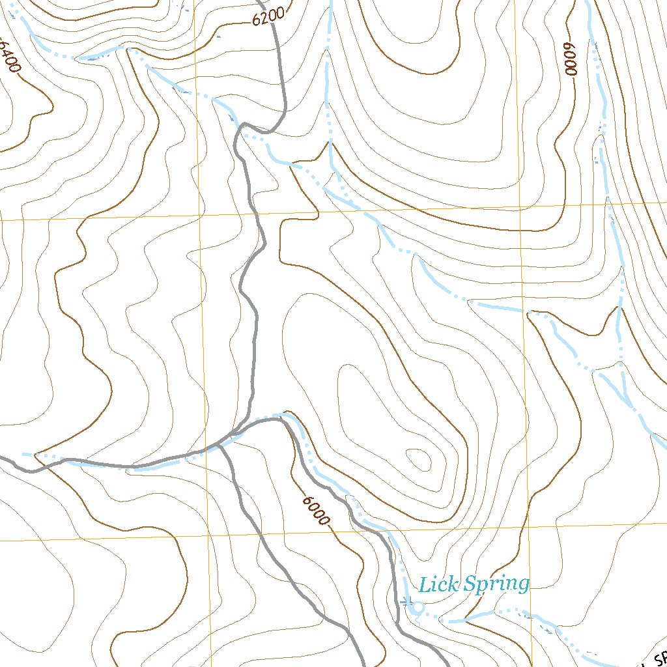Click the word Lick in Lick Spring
434,584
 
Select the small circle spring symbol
419,607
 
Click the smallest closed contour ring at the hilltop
416,460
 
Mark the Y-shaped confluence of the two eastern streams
620,371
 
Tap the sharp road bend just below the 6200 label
244,125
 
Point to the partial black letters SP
655,659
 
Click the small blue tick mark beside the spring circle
406,601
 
